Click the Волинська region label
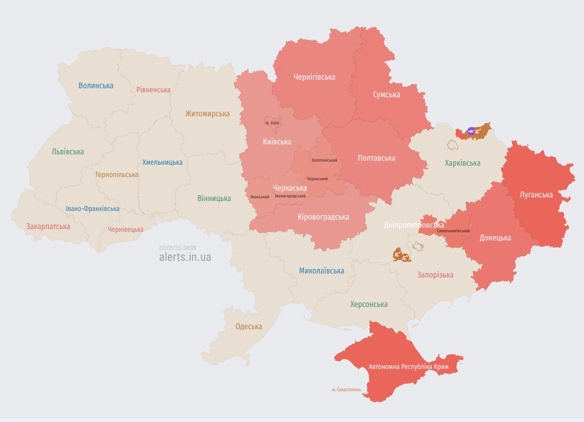point(96,86)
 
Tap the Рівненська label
point(153,90)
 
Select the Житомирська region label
point(207,114)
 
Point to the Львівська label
point(68,152)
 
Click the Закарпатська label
point(48,226)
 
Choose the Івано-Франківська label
point(93,209)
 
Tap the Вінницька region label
point(214,198)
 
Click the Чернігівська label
point(314,77)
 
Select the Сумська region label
point(386,95)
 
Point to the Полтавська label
point(376,158)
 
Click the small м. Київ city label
point(272,123)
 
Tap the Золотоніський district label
point(324,160)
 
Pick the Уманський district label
point(260,197)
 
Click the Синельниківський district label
point(453,231)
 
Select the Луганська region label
point(536,195)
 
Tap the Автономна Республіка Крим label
point(408,366)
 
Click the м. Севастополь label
point(346,389)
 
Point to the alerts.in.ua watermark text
point(185,257)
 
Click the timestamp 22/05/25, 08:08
point(177,248)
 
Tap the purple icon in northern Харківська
point(471,131)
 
